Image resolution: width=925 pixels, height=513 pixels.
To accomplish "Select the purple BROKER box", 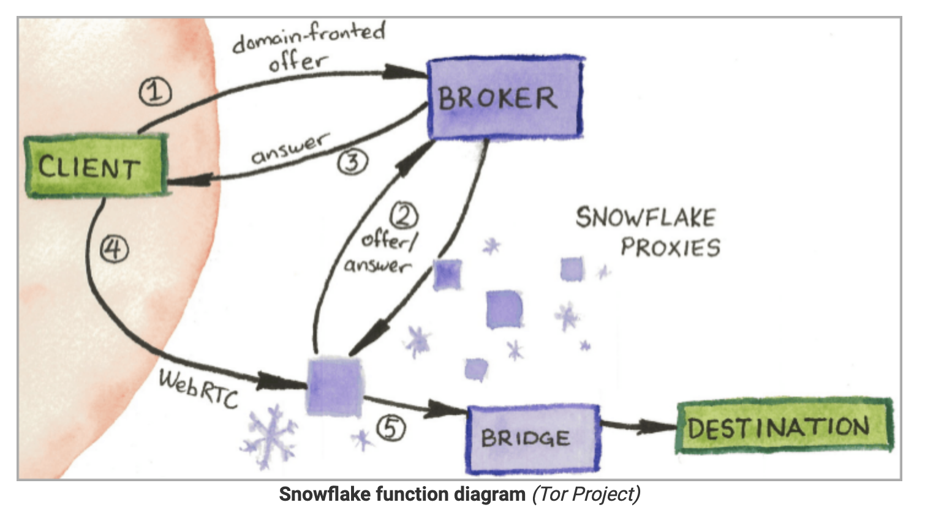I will [x=504, y=98].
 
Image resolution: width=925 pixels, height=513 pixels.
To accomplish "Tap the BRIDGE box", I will [x=532, y=438].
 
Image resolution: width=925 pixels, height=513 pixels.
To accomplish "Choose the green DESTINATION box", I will [x=783, y=426].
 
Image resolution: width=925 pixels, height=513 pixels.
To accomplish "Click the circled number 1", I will [x=155, y=92].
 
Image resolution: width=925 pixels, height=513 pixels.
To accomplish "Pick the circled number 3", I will [x=353, y=162].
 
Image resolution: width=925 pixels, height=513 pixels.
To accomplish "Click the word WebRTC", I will [x=198, y=388].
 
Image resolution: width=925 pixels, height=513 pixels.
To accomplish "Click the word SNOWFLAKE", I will [x=646, y=218].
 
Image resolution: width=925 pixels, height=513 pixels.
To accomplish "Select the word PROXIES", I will [x=670, y=247].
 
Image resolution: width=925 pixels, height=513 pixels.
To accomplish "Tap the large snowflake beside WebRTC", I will [x=268, y=436].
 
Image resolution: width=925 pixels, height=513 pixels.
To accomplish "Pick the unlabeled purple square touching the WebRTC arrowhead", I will [x=333, y=386].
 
